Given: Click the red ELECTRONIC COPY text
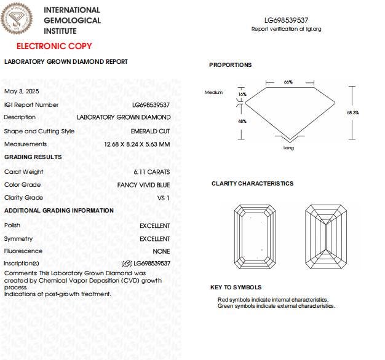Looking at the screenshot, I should [x=54, y=46].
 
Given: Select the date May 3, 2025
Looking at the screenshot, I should [x=22, y=91].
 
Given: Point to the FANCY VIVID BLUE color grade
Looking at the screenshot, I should [x=143, y=185].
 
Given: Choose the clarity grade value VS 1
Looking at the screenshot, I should [x=164, y=198].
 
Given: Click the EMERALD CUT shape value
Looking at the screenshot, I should [x=151, y=131].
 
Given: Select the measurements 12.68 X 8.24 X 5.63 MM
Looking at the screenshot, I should [x=137, y=144].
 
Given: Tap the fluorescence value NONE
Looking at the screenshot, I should [x=161, y=251].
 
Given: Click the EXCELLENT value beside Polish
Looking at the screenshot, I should [x=155, y=225].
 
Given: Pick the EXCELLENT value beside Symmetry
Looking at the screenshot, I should [x=155, y=238].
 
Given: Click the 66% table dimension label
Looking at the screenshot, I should [x=288, y=82].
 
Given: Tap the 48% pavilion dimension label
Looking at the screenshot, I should [x=242, y=121].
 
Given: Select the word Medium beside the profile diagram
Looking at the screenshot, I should [x=213, y=92].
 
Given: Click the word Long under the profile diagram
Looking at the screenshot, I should [x=288, y=147].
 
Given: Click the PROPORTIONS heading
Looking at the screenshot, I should [x=230, y=65].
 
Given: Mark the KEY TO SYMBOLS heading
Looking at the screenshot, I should [x=236, y=288].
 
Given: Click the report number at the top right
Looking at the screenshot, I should [x=286, y=20].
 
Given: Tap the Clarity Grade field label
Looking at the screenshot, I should [x=23, y=198].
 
